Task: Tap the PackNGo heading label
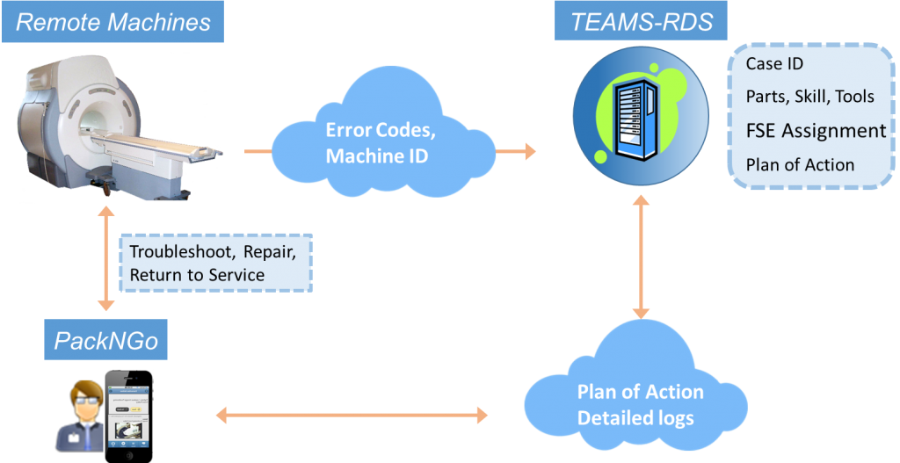(106, 341)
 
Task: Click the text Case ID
(774, 64)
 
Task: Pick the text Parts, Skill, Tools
(809, 96)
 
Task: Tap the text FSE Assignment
(816, 131)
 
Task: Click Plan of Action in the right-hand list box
(800, 164)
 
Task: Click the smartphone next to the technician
(128, 415)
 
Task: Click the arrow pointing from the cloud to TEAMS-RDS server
(516, 152)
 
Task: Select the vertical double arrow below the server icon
(641, 257)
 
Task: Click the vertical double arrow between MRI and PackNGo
(105, 258)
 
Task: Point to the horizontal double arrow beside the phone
(352, 413)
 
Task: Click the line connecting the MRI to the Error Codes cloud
(258, 152)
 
